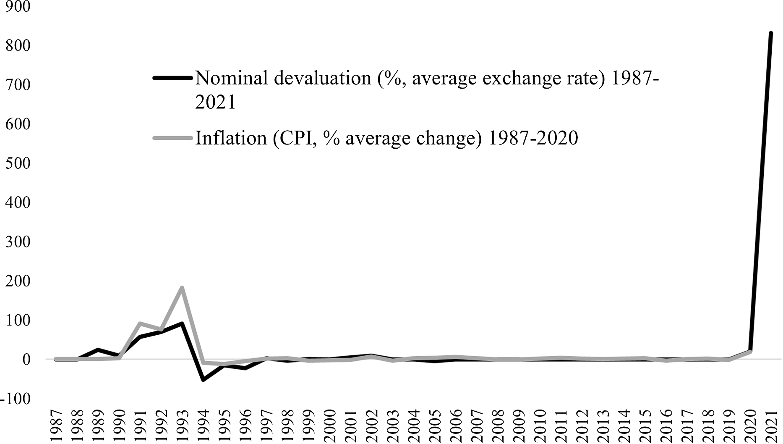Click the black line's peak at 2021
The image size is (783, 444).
771,33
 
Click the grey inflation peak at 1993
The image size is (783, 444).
182,288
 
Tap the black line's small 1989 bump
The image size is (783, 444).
97,349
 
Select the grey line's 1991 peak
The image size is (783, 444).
140,323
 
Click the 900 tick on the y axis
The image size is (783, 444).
18,7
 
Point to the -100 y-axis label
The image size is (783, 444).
16,398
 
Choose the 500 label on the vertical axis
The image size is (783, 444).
18,163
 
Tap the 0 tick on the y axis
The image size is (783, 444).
26,359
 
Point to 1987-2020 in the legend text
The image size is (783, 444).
533,138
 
